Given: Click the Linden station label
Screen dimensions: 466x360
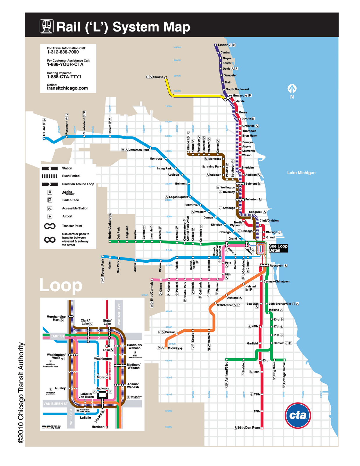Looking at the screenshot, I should click(223, 45).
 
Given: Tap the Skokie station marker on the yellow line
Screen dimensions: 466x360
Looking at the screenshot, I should click(165, 77).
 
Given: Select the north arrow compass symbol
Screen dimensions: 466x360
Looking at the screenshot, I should click(292, 88).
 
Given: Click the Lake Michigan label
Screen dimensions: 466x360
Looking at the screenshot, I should click(301, 173).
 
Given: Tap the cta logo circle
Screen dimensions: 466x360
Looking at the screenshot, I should click(298, 416).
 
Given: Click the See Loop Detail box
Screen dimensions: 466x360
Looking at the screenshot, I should click(278, 248).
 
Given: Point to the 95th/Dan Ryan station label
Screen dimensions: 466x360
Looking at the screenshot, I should click(249, 428).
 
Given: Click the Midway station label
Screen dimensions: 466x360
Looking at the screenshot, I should click(173, 348).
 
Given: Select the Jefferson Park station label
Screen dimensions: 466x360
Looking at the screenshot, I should click(139, 150).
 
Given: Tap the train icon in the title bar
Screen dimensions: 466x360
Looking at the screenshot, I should click(47, 27).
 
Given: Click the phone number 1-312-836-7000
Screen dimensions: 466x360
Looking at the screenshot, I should click(63, 52).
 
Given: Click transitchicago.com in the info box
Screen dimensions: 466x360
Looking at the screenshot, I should click(67, 88).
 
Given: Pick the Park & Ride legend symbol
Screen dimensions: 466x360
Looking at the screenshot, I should click(50, 200).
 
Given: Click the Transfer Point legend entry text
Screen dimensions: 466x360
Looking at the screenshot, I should click(72, 226).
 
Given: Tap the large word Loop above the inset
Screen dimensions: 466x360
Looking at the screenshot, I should click(61, 285).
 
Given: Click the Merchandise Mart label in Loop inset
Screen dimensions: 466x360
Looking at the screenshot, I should click(56, 318).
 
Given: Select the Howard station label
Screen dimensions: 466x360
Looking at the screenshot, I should click(238, 95).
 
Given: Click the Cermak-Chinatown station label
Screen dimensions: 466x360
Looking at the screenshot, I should click(276, 281).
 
